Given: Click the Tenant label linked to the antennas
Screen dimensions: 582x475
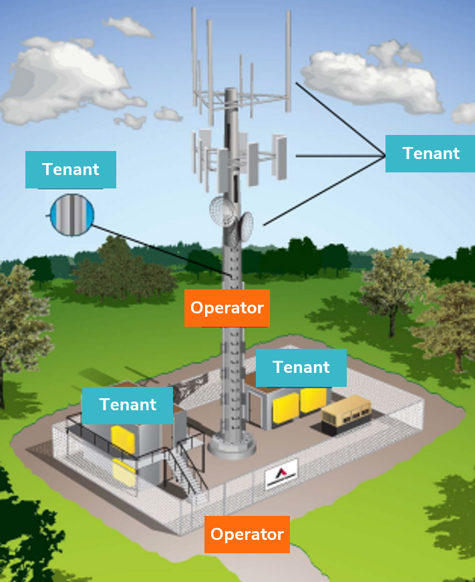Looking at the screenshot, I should point(431,154).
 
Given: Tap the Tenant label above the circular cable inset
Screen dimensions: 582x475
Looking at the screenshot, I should point(70,170).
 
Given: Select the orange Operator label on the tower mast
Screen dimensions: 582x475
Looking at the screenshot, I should point(227,308).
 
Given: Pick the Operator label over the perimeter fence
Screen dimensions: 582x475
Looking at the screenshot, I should point(247,535).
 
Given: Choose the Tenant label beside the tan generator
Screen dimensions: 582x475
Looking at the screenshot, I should point(301,368).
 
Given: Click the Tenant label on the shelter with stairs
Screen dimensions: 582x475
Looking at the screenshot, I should point(128,405).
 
